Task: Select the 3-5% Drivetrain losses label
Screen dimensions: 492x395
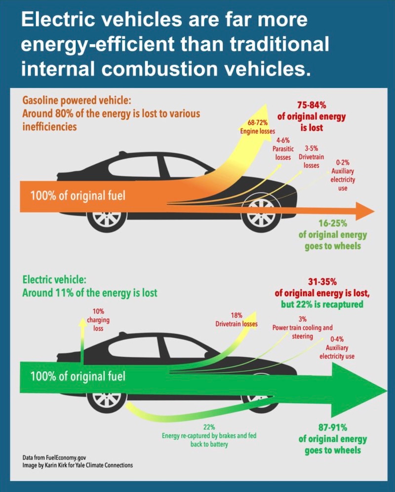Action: tap(312, 156)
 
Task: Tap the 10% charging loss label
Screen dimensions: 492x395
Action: tap(98, 320)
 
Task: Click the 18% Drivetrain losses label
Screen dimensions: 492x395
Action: tap(236, 320)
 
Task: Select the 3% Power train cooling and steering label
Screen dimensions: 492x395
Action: tap(302, 328)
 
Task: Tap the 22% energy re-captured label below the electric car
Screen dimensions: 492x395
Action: tap(208, 436)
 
